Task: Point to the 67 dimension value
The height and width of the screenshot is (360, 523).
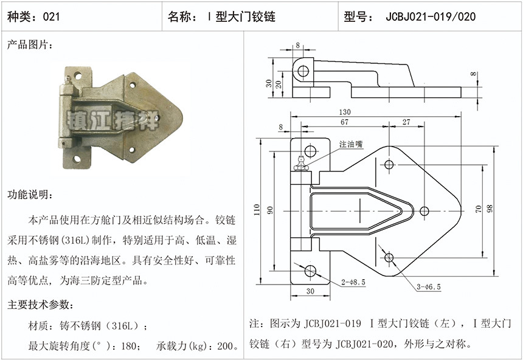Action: coord(344,122)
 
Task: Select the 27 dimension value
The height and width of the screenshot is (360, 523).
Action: coord(406,122)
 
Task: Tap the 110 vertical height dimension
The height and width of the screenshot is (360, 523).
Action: coord(257,210)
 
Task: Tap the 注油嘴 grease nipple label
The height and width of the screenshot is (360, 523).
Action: coord(350,144)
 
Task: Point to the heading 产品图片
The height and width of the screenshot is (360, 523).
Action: coord(30,45)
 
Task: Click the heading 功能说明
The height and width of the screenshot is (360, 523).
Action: coord(30,195)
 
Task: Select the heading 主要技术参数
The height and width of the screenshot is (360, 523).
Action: coord(40,304)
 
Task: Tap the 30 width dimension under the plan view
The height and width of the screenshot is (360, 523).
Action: coord(310,291)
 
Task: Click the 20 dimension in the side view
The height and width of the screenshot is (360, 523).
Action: coord(278,85)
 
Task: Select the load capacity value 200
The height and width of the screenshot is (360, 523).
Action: coord(225,347)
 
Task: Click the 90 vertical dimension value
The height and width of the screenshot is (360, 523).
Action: coord(271,210)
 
